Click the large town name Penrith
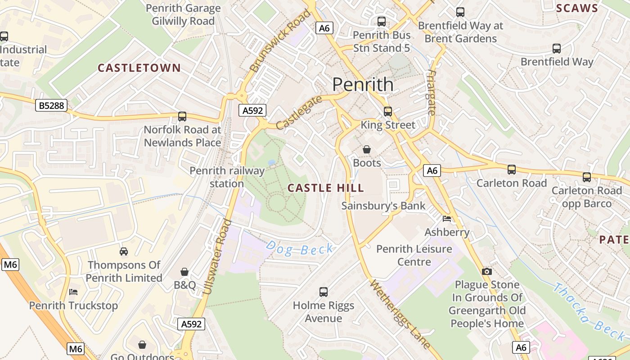363,85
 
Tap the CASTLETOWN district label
139,68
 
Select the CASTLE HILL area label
325,188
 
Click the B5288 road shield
51,106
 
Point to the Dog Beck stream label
300,248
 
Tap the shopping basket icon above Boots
367,149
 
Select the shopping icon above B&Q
184,272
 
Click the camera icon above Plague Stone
486,271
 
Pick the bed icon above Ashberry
447,219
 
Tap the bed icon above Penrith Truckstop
73,292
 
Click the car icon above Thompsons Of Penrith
124,251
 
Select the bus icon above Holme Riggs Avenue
323,292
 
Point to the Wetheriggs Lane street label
400,314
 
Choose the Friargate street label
432,93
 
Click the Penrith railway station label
227,177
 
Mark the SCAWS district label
577,8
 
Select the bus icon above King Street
387,111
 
